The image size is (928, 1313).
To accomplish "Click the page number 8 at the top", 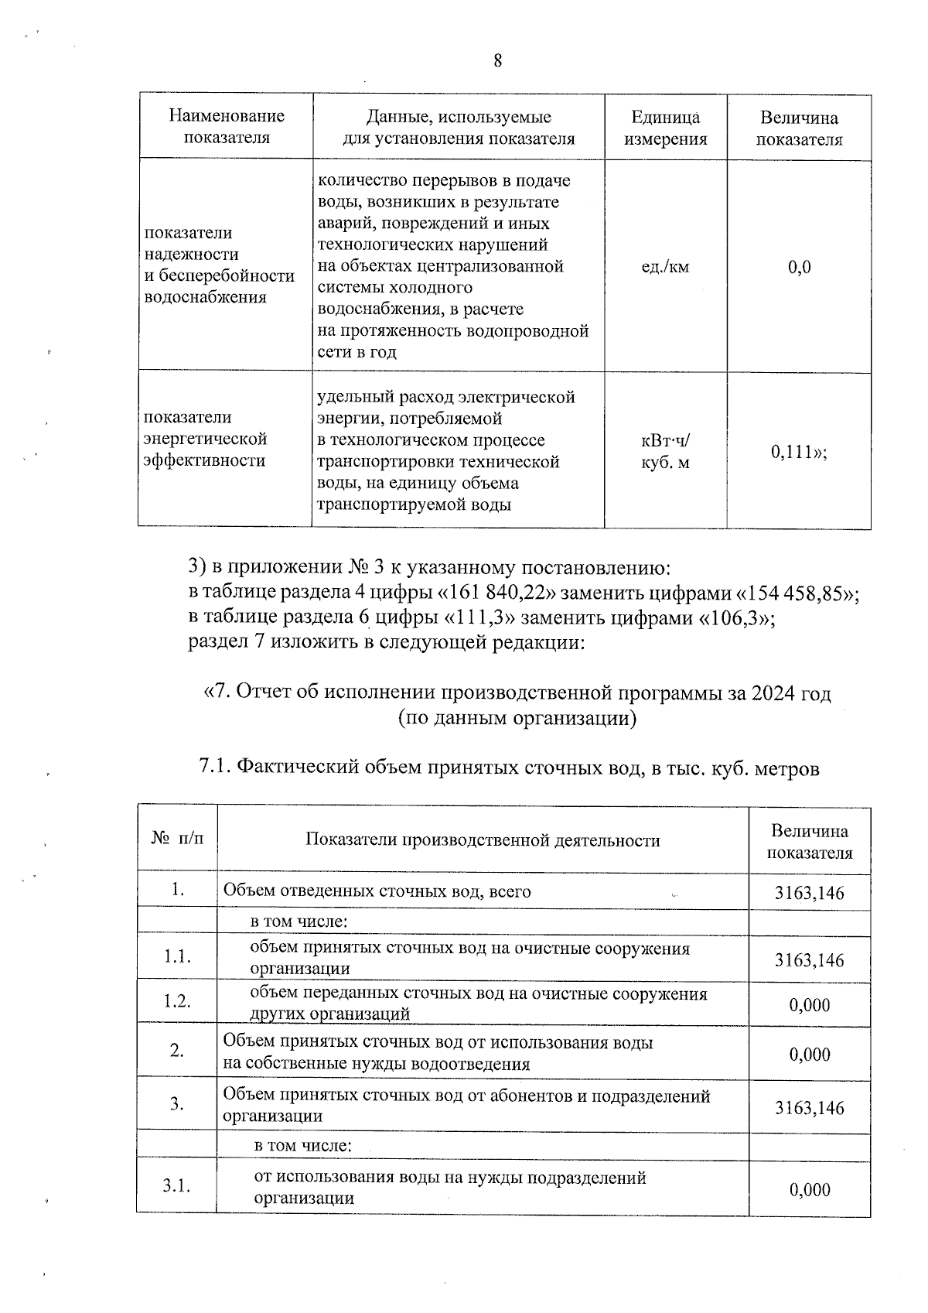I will (x=497, y=61).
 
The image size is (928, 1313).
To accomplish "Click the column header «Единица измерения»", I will (x=665, y=128).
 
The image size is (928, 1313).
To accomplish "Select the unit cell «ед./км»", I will (x=665, y=268).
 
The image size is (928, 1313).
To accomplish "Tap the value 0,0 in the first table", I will (x=799, y=268).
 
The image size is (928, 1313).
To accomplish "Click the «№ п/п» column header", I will (x=177, y=839).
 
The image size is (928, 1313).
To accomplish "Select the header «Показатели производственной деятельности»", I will (x=483, y=840).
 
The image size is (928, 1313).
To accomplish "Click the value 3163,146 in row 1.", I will (x=809, y=894).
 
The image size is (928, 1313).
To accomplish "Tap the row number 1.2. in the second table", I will (x=177, y=1002).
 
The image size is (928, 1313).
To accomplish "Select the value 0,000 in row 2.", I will (x=809, y=1055).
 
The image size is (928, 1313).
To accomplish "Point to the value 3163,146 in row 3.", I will (x=809, y=1108).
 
